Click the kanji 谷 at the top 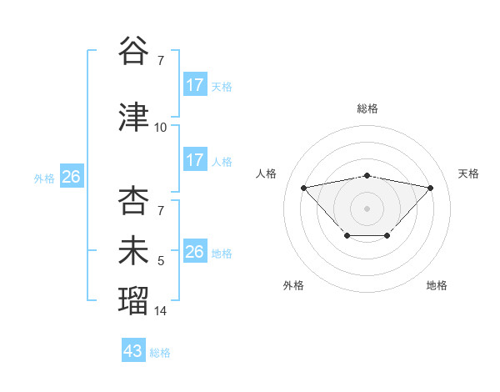point(132,52)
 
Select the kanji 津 point(132,118)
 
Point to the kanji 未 point(132,251)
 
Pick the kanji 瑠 point(132,300)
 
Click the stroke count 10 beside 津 point(161,128)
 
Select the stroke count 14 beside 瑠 point(161,311)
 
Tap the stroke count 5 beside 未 point(161,261)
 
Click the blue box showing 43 point(133,351)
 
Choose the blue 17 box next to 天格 point(195,85)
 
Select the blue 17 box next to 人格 point(195,160)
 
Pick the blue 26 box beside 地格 point(195,252)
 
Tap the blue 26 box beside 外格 point(71,177)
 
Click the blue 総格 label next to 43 point(160,353)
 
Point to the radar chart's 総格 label point(367,108)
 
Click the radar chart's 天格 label point(469,173)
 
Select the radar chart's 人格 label point(266,173)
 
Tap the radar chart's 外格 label point(293,285)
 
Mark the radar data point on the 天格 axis point(430,188)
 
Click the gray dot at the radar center point(367,208)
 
